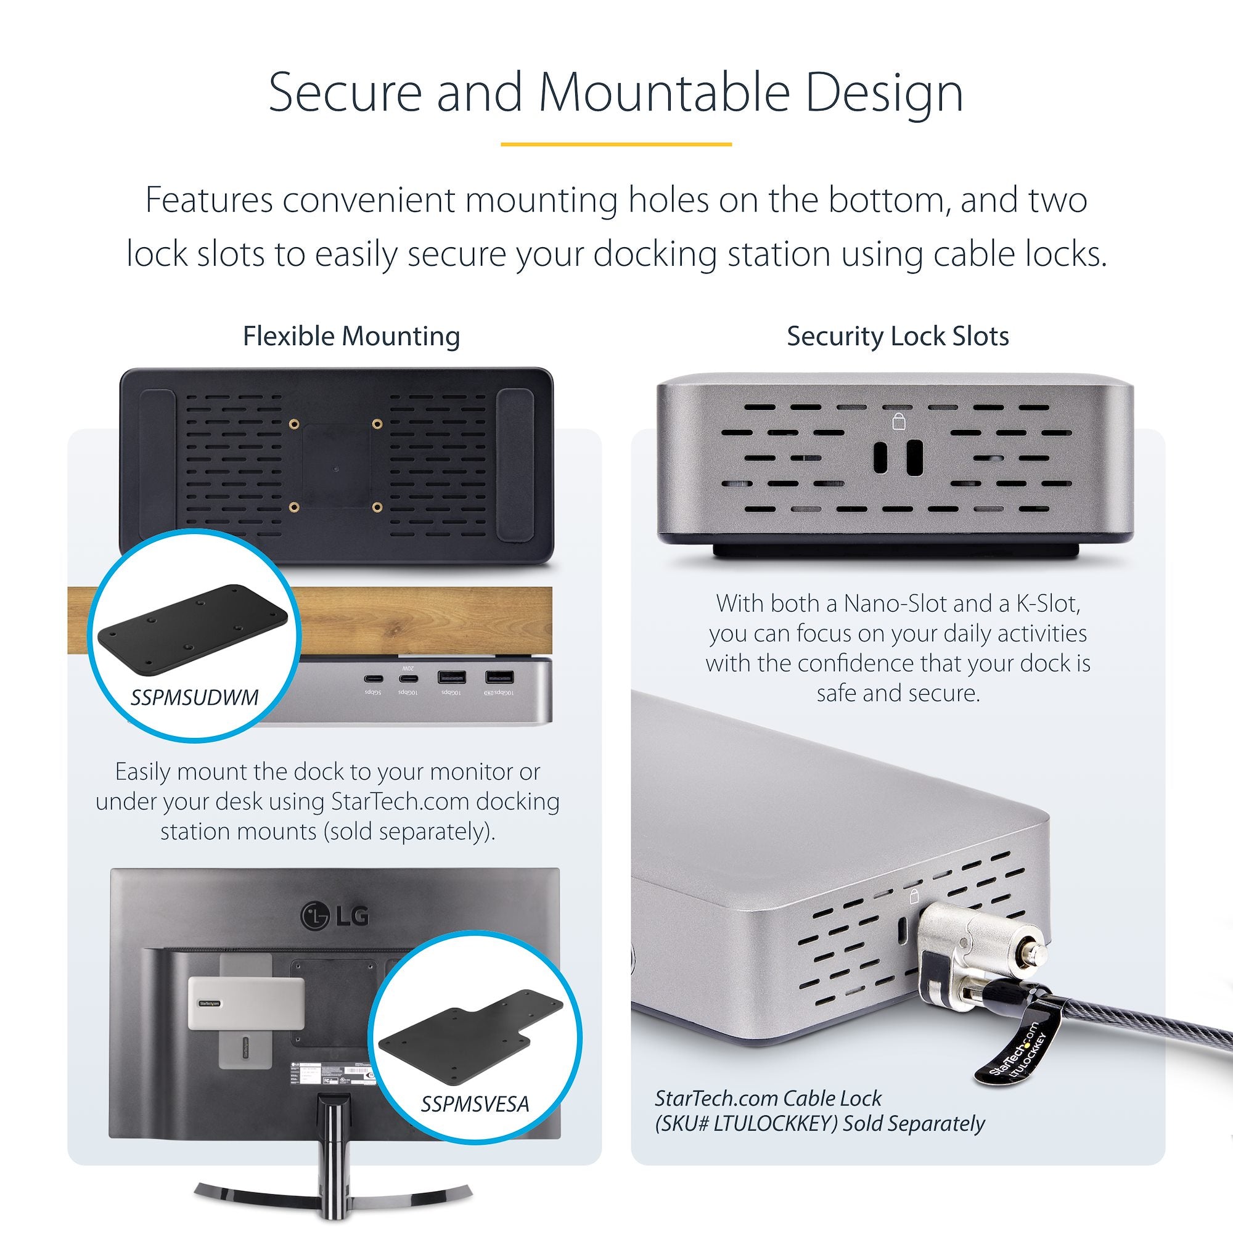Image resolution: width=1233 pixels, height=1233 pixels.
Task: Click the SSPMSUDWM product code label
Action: (x=195, y=697)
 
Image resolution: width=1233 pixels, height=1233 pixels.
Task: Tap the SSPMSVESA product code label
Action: (x=475, y=1104)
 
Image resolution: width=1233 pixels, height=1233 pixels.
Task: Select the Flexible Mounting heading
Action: (x=351, y=337)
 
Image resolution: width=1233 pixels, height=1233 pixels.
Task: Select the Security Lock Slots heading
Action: (x=897, y=337)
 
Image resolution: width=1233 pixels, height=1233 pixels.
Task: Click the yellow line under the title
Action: (x=616, y=144)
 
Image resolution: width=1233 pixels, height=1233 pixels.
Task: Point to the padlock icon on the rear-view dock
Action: (x=899, y=420)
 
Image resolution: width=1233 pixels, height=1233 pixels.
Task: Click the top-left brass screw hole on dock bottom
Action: (x=294, y=424)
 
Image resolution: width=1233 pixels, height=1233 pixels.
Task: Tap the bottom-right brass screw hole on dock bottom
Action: (x=377, y=507)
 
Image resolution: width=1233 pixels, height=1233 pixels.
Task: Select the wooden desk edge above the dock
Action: (x=421, y=619)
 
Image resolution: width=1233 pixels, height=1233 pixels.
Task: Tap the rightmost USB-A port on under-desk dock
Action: (x=500, y=678)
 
